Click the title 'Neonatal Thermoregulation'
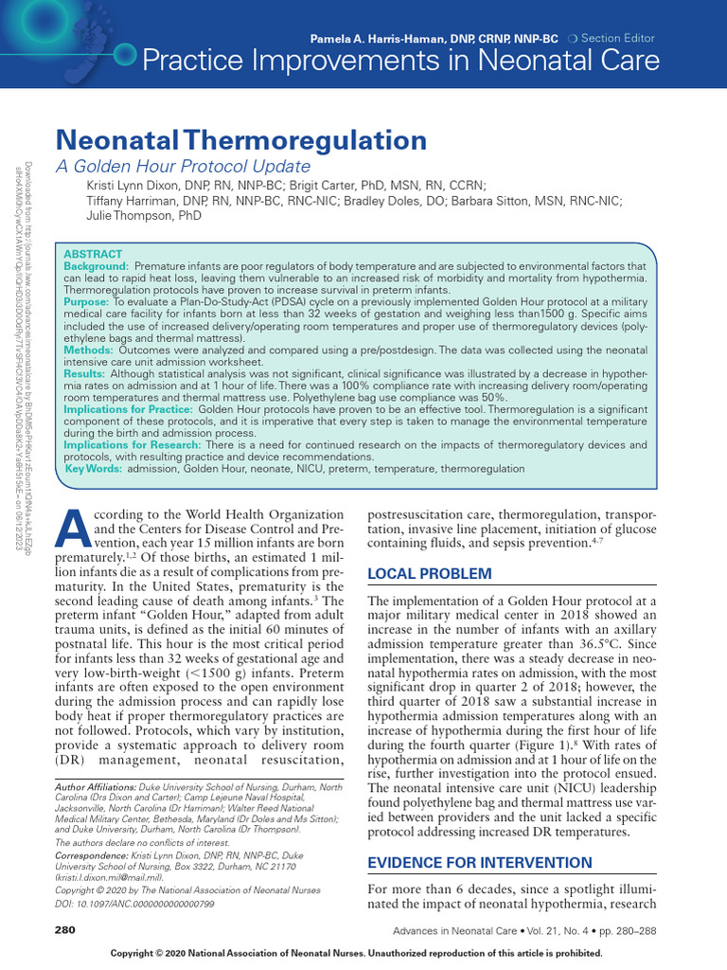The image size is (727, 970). [241, 141]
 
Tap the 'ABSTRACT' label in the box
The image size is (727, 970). [92, 254]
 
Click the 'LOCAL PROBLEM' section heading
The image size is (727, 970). [429, 573]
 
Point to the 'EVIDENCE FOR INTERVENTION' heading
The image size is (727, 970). [479, 863]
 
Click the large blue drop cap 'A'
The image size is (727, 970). [74, 529]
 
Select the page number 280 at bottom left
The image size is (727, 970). [65, 930]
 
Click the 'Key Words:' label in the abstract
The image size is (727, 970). [93, 468]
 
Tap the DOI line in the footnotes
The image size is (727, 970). [135, 906]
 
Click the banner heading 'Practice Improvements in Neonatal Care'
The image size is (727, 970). [400, 62]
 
